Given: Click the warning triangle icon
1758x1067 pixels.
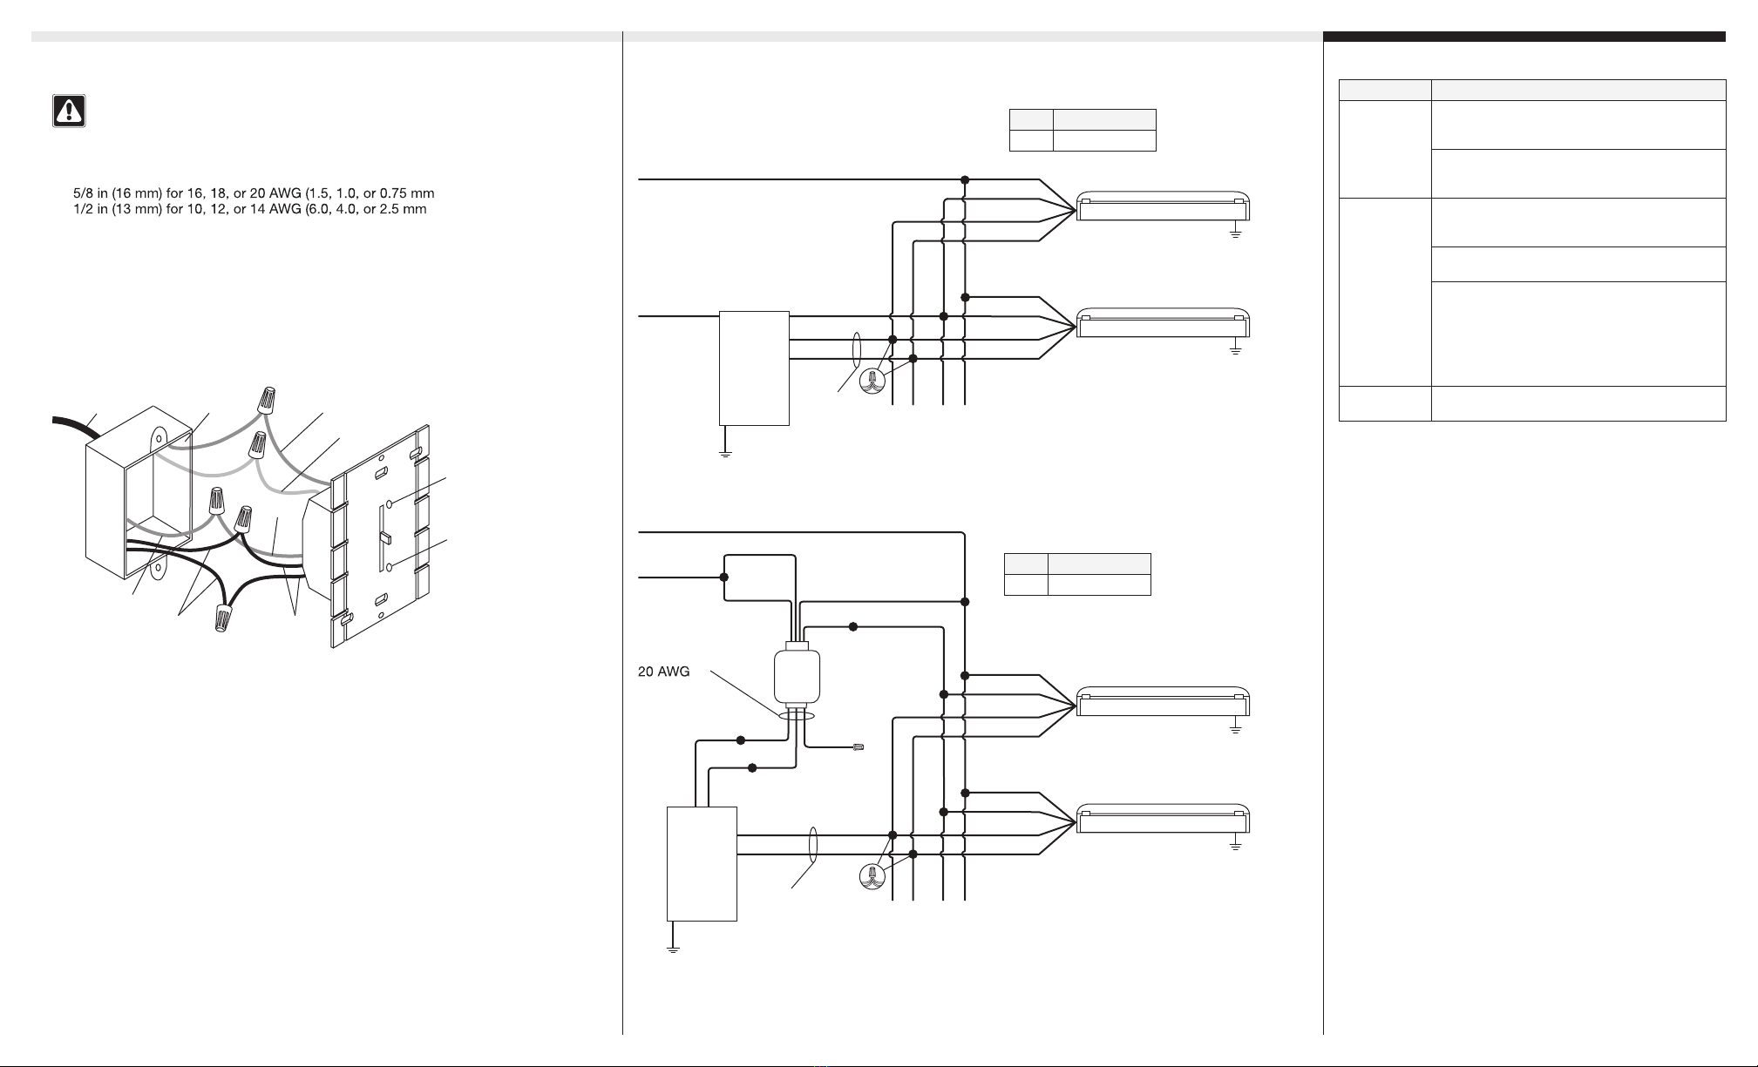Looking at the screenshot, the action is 69,111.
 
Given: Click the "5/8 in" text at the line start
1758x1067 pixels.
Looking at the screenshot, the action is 91,193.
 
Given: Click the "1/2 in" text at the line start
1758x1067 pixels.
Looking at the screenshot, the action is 91,209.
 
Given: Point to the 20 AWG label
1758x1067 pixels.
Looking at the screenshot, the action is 664,672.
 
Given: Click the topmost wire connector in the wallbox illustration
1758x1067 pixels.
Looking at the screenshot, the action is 267,400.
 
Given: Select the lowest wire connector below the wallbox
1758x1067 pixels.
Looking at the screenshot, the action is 223,618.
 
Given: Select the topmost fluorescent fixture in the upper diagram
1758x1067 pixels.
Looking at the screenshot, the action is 1164,206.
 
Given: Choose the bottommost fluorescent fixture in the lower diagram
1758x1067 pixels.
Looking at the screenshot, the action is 1164,819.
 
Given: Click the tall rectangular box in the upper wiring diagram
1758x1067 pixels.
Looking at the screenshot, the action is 754,368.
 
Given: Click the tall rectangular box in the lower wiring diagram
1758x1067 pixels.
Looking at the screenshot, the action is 702,863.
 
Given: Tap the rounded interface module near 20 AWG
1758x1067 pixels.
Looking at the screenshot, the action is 797,676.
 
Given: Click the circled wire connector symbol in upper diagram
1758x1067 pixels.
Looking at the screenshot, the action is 872,381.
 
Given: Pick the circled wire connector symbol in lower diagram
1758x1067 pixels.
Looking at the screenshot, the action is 872,876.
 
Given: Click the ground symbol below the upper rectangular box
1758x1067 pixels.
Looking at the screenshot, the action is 724,453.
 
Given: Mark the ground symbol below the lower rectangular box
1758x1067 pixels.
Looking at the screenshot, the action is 672,949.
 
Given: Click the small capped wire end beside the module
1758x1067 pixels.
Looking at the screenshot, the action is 859,747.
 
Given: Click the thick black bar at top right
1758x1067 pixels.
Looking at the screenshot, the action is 1524,37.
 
